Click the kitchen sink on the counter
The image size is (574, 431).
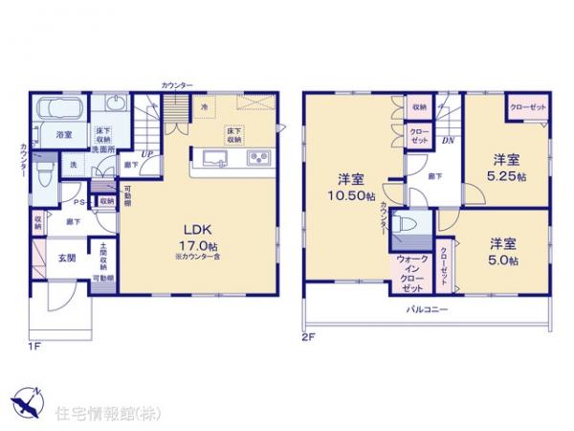212,159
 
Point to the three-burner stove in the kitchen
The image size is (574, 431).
259,159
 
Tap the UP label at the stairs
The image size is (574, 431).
147,154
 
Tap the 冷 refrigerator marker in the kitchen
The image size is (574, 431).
204,107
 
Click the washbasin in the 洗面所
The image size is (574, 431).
117,103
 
